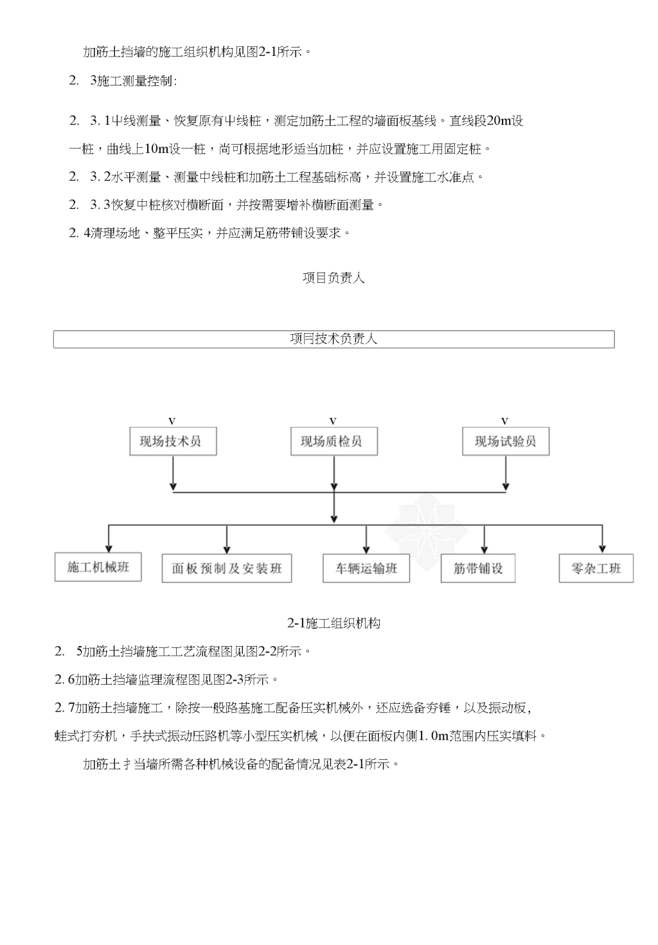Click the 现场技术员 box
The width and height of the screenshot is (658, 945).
click(173, 441)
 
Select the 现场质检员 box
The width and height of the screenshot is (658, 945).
click(334, 441)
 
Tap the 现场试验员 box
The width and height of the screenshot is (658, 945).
click(506, 441)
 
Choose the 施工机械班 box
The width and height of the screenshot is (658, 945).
click(98, 567)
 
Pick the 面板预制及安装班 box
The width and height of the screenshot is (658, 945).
click(227, 568)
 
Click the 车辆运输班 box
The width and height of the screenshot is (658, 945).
click(366, 568)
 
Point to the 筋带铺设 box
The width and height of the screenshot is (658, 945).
click(478, 568)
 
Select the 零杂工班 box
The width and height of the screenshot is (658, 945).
click(596, 568)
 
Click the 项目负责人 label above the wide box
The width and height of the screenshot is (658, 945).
click(333, 278)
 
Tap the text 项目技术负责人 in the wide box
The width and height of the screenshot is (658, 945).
click(333, 339)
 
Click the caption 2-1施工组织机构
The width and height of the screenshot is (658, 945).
click(333, 623)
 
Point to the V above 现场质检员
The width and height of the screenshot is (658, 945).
click(333, 421)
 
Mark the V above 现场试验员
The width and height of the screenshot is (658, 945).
click(504, 421)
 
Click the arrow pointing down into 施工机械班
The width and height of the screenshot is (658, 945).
click(109, 539)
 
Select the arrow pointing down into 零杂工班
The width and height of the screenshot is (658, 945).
click(602, 539)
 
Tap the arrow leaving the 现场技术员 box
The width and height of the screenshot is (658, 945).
click(173, 473)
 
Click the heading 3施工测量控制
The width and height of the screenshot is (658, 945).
click(133, 80)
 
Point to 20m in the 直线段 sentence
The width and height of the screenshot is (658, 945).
click(499, 121)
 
